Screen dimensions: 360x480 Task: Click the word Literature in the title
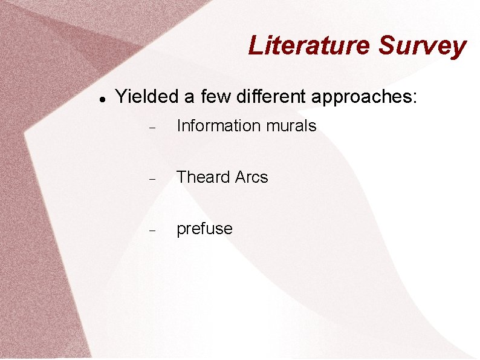pos(310,45)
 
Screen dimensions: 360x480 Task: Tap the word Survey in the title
pos(423,45)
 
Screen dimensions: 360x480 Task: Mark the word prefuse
pos(204,229)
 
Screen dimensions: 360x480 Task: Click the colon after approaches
pos(414,97)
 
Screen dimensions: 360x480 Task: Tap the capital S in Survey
pos(388,45)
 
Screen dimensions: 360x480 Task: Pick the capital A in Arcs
pos(241,177)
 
